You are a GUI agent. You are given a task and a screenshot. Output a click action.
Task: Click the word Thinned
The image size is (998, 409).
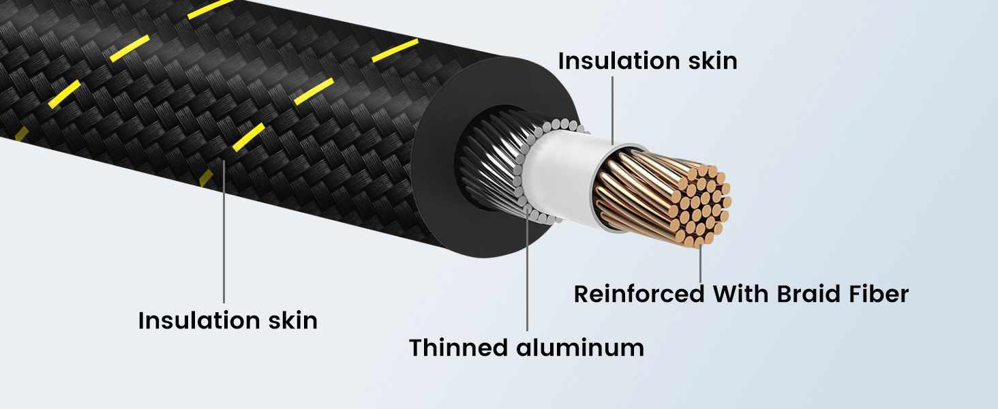pos(459,348)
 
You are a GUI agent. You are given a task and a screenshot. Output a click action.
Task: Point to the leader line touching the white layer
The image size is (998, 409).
pos(613,109)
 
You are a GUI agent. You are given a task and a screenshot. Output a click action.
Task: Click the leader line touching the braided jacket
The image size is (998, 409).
pos(224,232)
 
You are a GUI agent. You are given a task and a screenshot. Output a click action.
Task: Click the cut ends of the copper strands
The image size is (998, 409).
pos(702,201)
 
